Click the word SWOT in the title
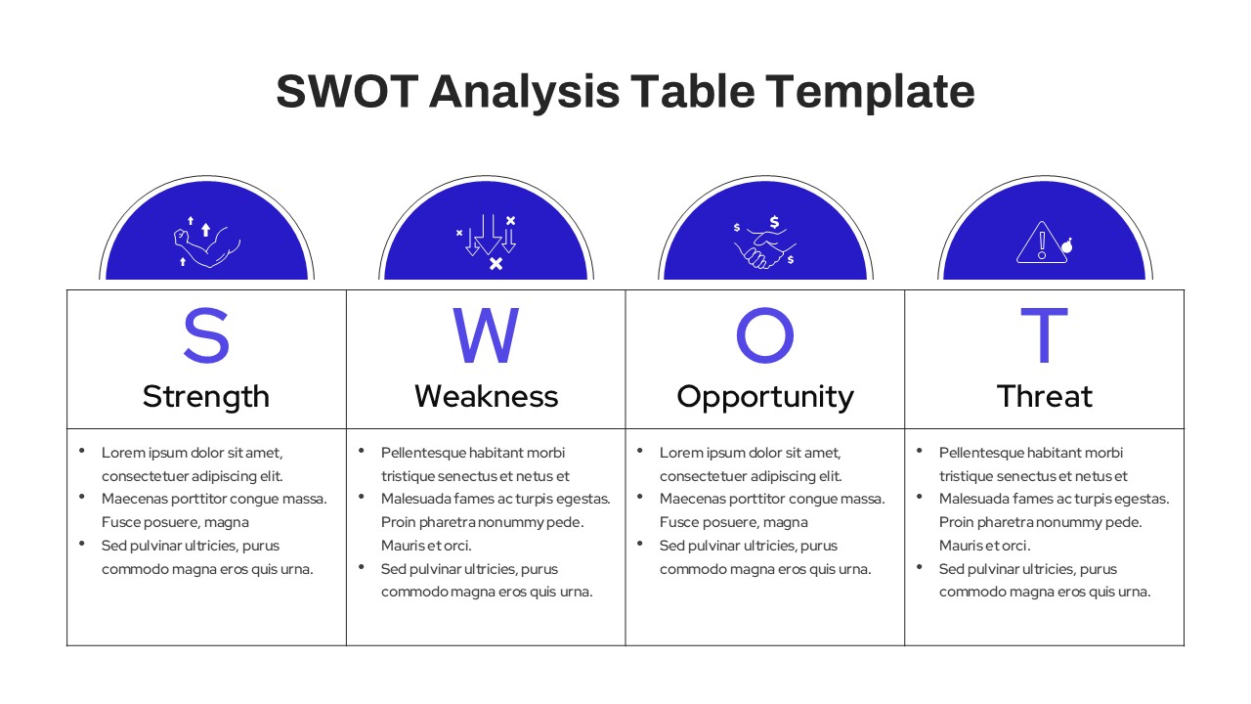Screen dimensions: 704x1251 345,92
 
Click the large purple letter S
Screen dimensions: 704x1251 206,336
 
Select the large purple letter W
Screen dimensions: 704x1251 486,336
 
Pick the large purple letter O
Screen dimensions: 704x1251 764,336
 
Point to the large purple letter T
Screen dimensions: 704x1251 1044,336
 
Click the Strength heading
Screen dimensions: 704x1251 206,396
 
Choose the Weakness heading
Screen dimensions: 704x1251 486,396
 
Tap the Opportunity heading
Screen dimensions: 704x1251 764,396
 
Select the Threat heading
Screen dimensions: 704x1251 1044,396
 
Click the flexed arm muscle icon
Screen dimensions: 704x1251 206,242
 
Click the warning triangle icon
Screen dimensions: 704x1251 1039,243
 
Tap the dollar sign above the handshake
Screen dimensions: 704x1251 774,222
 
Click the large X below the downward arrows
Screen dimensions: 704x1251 496,264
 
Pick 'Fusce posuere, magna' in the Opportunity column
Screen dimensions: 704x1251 733,522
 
